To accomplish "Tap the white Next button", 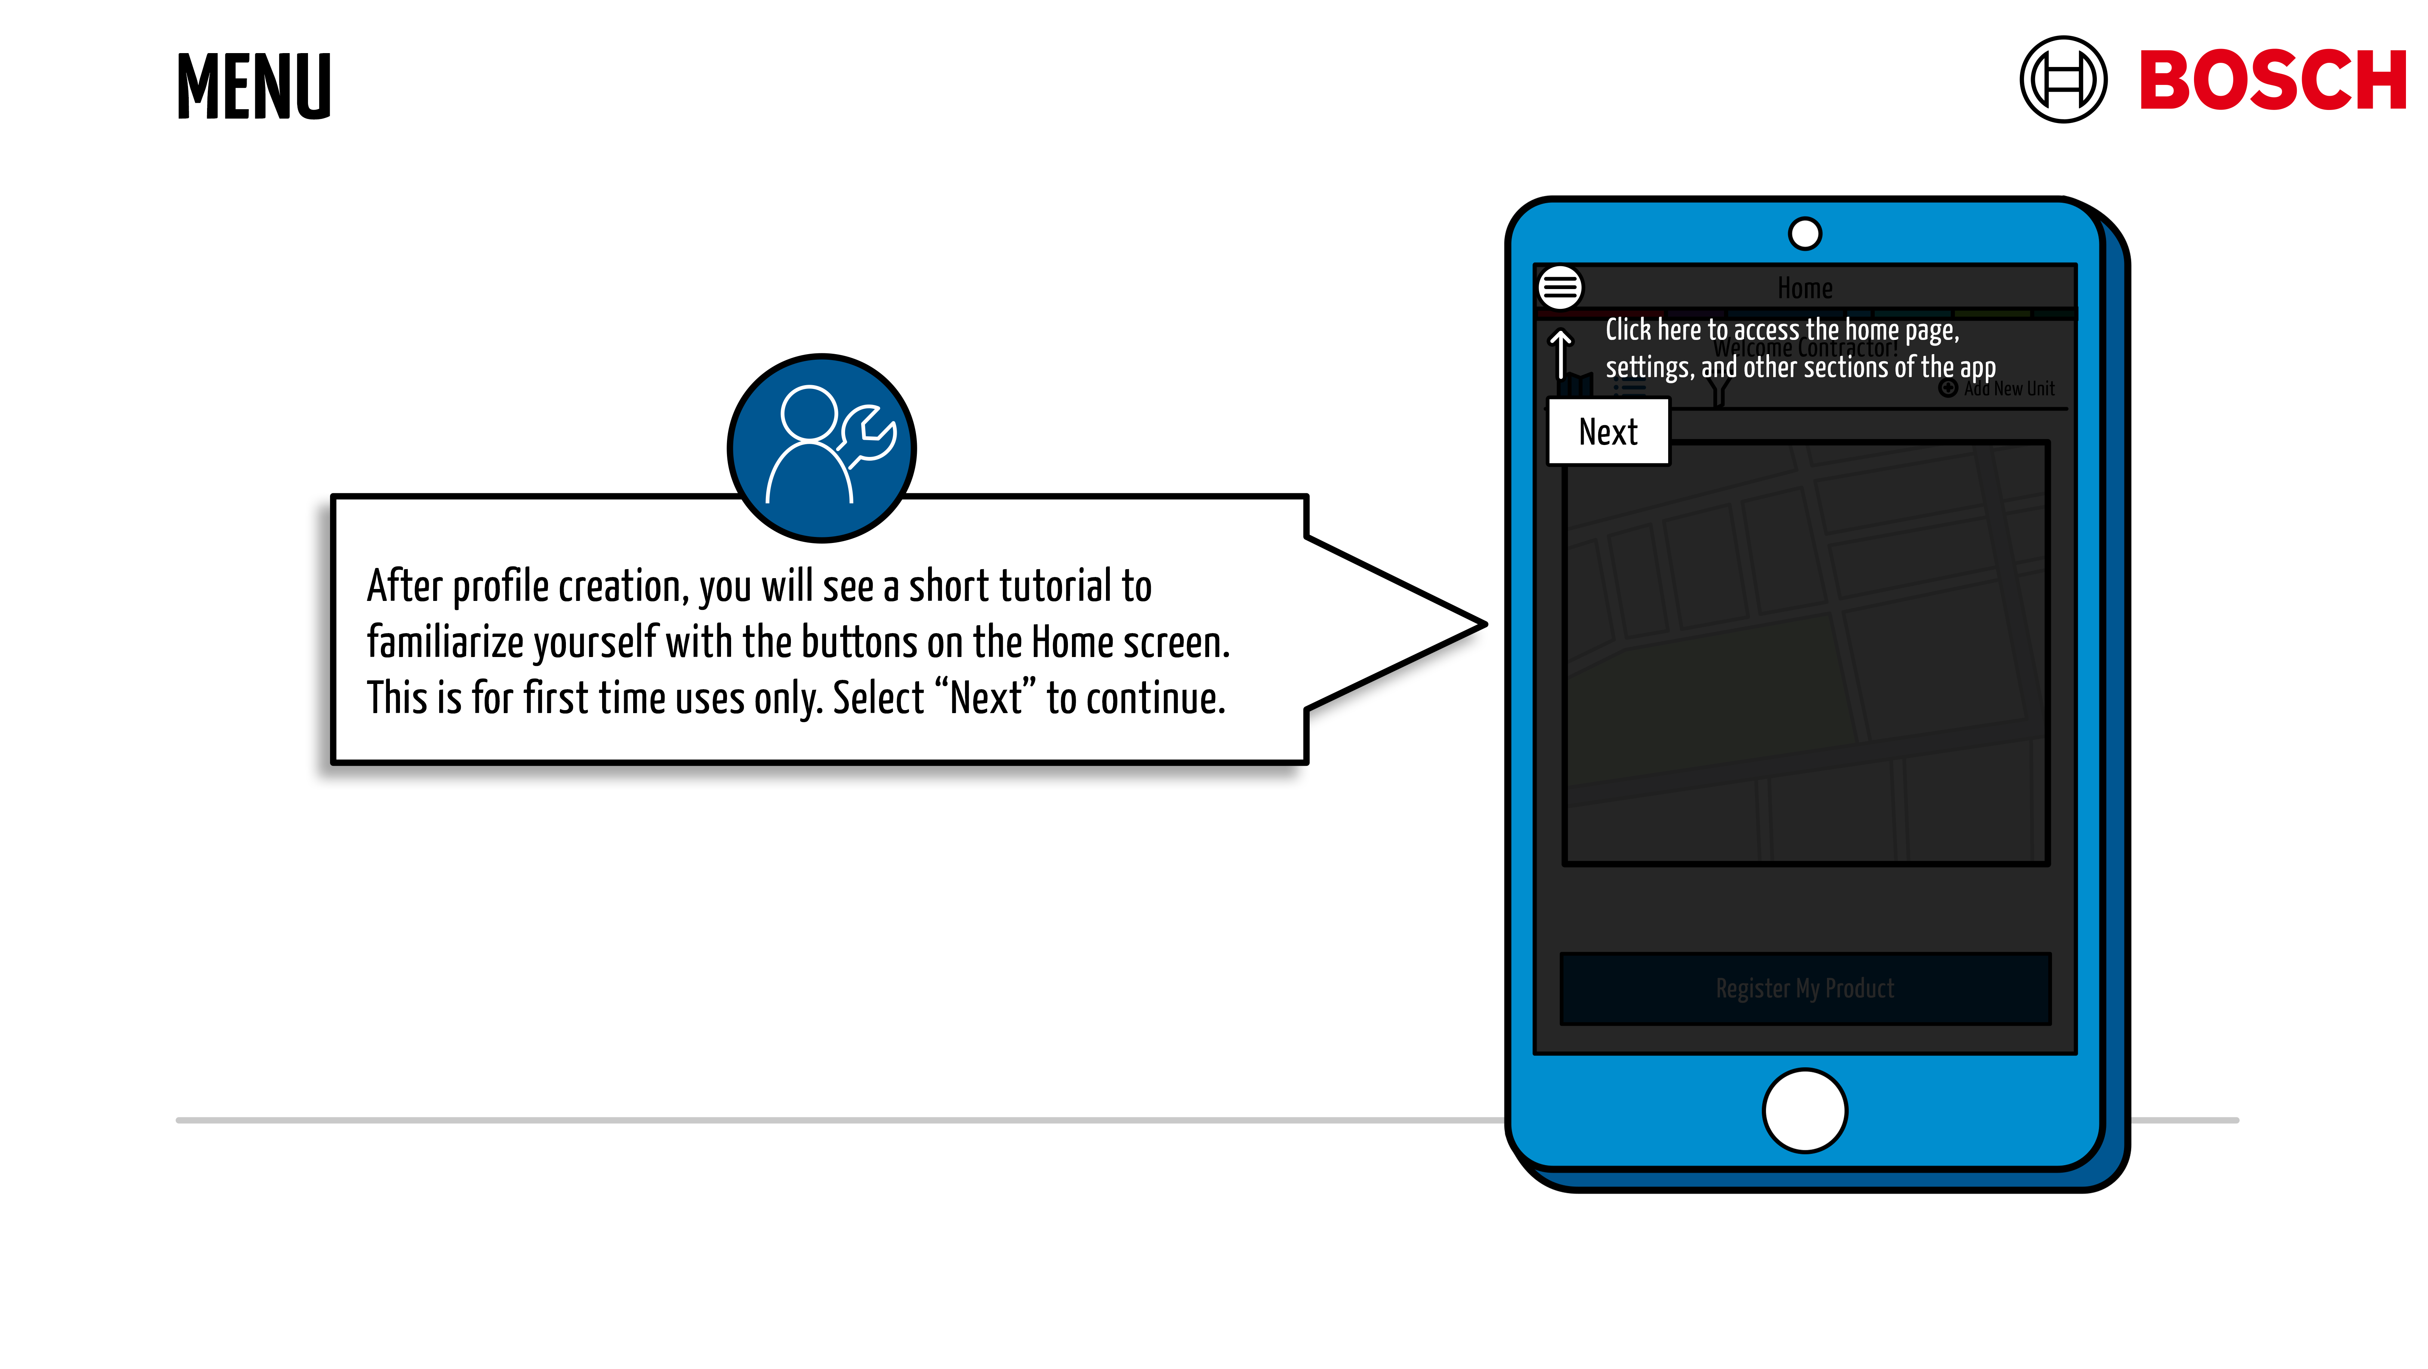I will click(x=1608, y=432).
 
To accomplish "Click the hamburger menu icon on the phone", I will click(x=1560, y=288).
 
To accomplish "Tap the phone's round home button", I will click(x=1804, y=1111).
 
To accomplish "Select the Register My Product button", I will click(x=1804, y=988).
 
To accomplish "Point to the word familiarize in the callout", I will click(x=445, y=643).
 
